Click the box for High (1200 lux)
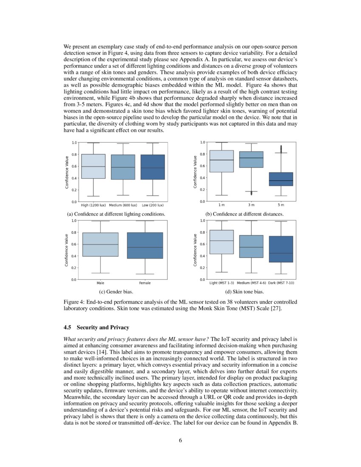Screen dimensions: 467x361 [93, 166]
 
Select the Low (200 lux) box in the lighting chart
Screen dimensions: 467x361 [152, 167]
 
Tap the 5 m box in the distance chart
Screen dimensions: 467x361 [281, 179]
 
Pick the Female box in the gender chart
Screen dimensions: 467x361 [145, 245]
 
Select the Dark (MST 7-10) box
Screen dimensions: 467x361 [281, 249]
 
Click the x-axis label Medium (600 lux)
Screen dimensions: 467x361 [123, 205]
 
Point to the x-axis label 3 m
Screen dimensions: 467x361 [251, 205]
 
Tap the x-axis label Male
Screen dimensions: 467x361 [101, 283]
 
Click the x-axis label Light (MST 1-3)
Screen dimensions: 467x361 [222, 283]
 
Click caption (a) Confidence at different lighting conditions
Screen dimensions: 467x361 [113, 214]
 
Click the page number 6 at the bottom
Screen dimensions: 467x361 [180, 440]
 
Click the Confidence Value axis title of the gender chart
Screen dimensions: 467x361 [66, 250]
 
